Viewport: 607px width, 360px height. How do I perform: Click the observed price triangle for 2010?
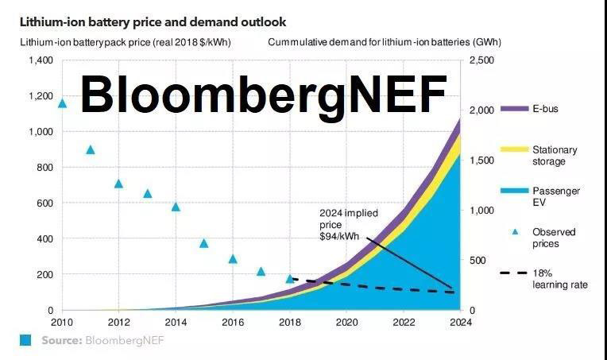(63, 103)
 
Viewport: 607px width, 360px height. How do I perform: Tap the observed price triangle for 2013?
(148, 193)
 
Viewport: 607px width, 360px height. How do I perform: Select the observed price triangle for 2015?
(204, 243)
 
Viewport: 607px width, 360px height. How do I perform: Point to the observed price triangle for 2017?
(261, 272)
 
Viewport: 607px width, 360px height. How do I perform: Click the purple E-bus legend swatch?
(514, 109)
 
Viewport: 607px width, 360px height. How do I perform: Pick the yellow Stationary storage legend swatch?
(514, 150)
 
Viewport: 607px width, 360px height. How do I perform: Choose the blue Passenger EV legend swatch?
(514, 192)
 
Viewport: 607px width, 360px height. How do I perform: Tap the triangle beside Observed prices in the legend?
(514, 232)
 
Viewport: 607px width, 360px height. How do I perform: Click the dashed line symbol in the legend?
(514, 273)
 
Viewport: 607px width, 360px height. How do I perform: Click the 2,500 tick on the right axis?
(482, 61)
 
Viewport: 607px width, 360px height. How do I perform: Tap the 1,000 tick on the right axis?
(482, 211)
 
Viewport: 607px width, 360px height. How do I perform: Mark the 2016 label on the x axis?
(233, 323)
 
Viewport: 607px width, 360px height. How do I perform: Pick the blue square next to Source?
(26, 341)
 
